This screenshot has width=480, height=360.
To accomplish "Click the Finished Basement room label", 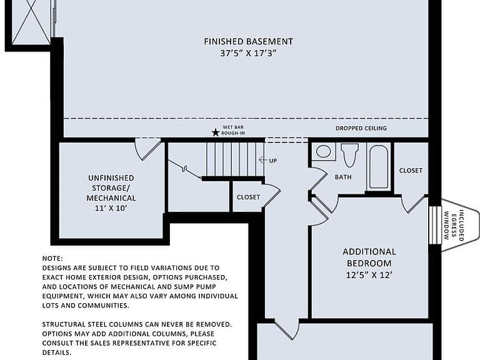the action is (x=248, y=41).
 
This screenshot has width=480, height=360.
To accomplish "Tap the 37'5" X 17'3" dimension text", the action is (x=248, y=53).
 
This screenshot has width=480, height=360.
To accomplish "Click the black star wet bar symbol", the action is (x=216, y=132).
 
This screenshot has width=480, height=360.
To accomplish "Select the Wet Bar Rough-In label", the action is (x=233, y=130).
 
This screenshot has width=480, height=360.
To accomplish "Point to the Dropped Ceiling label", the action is (x=361, y=128).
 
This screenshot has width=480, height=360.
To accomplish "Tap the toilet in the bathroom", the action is (x=349, y=154).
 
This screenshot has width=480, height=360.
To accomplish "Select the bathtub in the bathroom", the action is (x=379, y=167).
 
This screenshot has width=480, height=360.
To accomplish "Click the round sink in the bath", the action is (x=323, y=151).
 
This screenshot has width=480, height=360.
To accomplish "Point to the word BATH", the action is (x=343, y=177).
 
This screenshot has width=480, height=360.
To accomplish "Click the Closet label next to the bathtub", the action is (x=411, y=171).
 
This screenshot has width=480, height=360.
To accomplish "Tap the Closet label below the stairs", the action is (x=248, y=197).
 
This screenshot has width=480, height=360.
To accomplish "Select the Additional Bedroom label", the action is (x=369, y=257).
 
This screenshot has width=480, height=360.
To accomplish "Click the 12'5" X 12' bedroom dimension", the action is (x=369, y=275).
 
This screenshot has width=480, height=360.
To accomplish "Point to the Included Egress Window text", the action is (x=452, y=225).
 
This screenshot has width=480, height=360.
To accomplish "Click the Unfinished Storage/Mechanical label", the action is (x=111, y=188).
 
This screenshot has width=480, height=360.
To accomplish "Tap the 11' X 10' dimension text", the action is (x=111, y=208).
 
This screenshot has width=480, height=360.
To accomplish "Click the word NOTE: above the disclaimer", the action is (x=52, y=259).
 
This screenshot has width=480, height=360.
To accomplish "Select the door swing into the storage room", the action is (x=148, y=149).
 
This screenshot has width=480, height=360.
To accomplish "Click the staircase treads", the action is (x=235, y=159).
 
